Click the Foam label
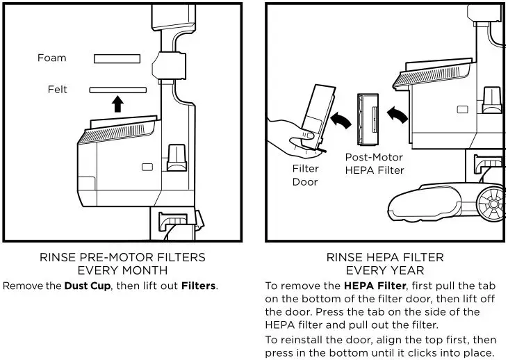tap(52, 58)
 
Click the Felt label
tap(57, 90)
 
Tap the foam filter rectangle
tap(117, 59)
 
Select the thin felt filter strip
tap(117, 90)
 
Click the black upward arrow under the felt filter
tap(117, 104)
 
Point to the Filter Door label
tap(305, 175)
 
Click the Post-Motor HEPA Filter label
tap(375, 163)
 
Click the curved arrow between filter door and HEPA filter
tap(341, 120)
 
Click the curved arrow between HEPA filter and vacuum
tap(398, 115)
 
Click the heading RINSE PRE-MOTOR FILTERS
tap(122, 258)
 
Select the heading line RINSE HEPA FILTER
tap(384, 258)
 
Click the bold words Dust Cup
tap(88, 286)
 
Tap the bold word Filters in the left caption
tap(199, 286)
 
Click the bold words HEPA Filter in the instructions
tap(370, 286)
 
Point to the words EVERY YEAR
tap(384, 270)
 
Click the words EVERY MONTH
tap(122, 270)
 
